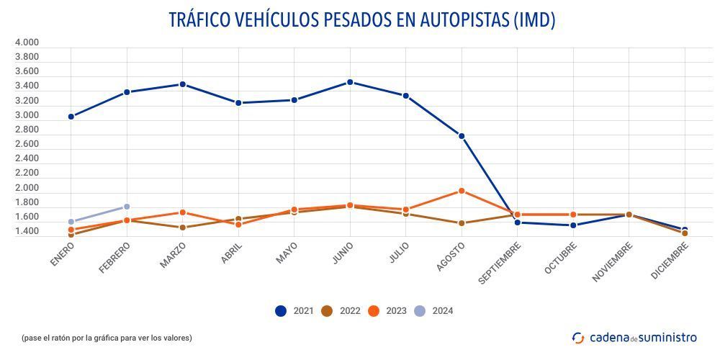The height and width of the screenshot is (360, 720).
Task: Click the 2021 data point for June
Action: point(350,82)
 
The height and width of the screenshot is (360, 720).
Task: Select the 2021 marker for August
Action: point(462,136)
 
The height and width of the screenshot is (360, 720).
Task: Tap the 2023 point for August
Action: point(462,191)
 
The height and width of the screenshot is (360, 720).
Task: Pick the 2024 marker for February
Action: point(127,207)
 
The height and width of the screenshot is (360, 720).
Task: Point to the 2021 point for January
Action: point(71,117)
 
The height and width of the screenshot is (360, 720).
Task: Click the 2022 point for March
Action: point(182,228)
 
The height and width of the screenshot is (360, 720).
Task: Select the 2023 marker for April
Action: point(238,225)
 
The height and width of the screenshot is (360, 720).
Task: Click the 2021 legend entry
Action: point(294,311)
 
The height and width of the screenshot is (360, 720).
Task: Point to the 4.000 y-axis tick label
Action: point(27,42)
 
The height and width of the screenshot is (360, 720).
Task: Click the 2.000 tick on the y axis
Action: point(27,188)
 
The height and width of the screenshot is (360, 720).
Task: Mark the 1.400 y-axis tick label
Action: point(27,232)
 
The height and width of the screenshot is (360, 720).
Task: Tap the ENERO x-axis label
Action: point(63,254)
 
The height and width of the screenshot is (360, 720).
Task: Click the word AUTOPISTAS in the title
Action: point(459,20)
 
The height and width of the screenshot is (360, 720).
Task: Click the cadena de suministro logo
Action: point(634,337)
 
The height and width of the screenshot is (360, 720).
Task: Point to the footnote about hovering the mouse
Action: point(107,338)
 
